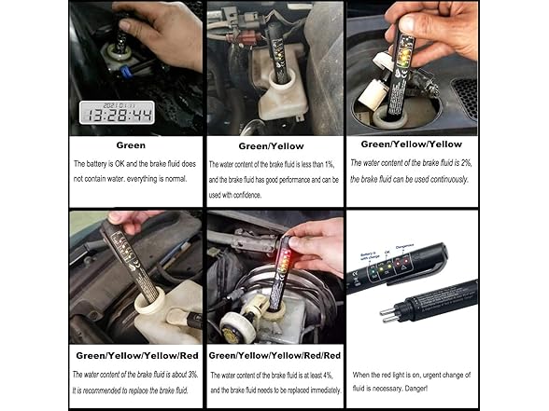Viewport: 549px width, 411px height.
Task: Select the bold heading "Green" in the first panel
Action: [x=130, y=145]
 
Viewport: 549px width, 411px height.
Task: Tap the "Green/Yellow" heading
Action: [x=270, y=145]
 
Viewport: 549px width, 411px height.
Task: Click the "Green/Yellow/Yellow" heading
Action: [x=411, y=144]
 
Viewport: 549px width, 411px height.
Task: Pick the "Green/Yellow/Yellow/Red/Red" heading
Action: [x=274, y=355]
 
